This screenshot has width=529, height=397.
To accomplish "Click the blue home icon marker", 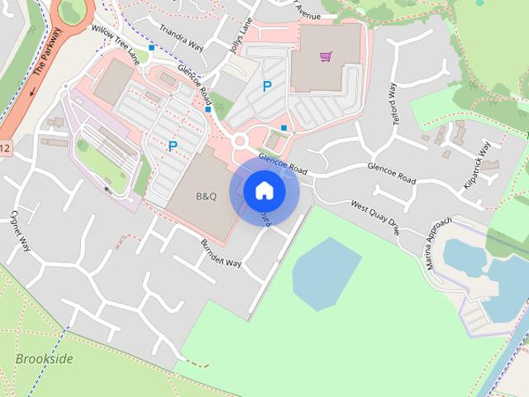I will (x=264, y=191).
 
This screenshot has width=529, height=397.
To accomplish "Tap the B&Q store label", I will (x=205, y=197).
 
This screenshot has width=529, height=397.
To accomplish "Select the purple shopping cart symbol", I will (x=326, y=57).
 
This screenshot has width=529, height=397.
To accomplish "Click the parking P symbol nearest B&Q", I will (x=173, y=146).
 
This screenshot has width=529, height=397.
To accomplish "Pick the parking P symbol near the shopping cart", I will (x=266, y=85).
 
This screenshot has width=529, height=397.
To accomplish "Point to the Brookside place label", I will (x=44, y=359).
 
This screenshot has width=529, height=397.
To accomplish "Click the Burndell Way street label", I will (x=221, y=252).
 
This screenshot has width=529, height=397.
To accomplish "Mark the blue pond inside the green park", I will (x=326, y=271).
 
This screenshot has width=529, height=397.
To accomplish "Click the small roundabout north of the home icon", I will (x=241, y=141).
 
